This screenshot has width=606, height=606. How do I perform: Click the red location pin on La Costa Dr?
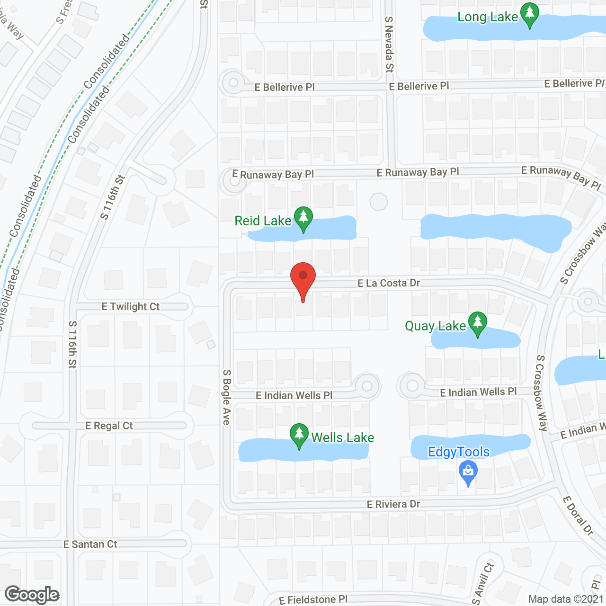303,277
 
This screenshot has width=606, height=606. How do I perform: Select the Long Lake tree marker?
530,14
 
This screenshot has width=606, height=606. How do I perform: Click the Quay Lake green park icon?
478,323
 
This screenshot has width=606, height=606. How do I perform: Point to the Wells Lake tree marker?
299,434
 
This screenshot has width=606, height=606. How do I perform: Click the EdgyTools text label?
459,452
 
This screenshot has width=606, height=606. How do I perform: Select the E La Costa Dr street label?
389,283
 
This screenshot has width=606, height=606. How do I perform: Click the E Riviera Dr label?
393,504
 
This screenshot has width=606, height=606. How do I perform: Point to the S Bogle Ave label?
226,397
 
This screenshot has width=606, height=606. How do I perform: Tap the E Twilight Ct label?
131,307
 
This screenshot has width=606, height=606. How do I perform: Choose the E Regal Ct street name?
109,426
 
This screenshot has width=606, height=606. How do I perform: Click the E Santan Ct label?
90,544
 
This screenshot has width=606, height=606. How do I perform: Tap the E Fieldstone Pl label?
313,600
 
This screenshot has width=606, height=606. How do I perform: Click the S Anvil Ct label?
482,584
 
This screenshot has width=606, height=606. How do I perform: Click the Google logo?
32,595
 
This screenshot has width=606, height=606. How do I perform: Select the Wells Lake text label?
342,437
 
